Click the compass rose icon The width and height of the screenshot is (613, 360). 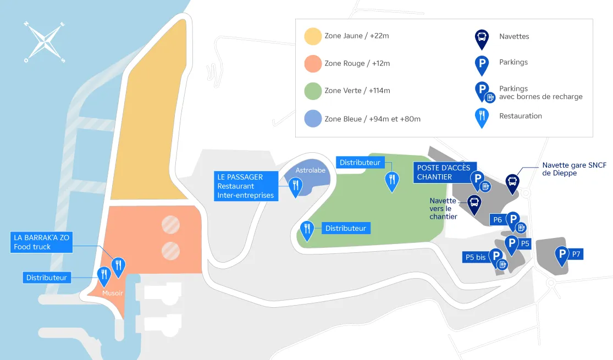[x=45, y=42]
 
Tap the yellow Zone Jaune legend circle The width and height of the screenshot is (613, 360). [x=312, y=36]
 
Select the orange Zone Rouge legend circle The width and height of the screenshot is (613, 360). [x=312, y=64]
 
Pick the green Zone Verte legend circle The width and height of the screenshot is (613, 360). [x=312, y=91]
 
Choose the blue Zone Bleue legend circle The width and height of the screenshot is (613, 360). [x=312, y=119]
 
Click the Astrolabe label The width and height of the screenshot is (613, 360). [x=311, y=170]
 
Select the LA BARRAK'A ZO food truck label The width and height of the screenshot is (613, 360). [x=41, y=242]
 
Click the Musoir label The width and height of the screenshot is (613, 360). [x=112, y=293]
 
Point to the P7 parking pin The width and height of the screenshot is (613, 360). [x=562, y=254]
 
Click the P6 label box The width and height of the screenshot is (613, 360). [x=498, y=220]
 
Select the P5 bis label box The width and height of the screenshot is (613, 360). [x=476, y=257]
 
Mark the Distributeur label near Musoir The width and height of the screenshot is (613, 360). [x=47, y=278]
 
